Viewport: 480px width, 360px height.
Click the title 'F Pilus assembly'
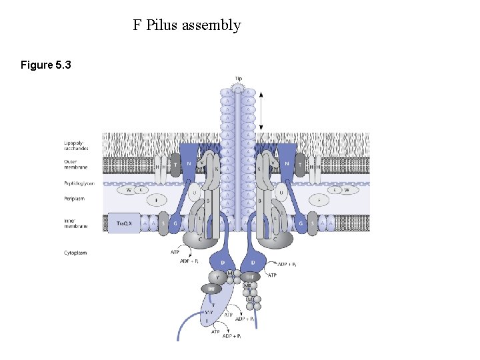(x=187, y=25)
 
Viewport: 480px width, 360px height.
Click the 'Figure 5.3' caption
(x=46, y=65)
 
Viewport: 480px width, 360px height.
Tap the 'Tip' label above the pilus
(x=238, y=79)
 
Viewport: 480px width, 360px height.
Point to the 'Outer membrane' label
(x=74, y=165)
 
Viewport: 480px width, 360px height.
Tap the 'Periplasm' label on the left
(x=73, y=197)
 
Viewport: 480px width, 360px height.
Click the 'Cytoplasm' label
(x=75, y=253)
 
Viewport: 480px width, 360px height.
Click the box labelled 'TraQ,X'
(x=124, y=223)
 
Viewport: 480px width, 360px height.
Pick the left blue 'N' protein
(x=189, y=163)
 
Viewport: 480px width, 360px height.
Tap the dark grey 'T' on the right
(x=301, y=163)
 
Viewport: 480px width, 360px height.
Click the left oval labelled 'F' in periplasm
(x=156, y=199)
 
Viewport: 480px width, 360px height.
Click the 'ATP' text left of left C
(x=175, y=252)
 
